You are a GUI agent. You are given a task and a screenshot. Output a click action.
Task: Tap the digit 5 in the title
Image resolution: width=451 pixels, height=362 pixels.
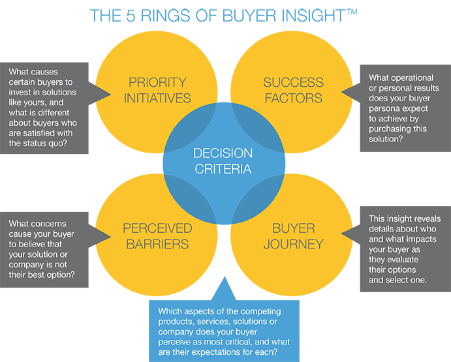point(131,16)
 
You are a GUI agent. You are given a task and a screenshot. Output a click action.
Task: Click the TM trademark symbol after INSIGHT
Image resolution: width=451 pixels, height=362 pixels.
point(352,12)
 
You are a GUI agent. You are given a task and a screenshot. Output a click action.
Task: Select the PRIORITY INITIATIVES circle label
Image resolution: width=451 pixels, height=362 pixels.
point(157,90)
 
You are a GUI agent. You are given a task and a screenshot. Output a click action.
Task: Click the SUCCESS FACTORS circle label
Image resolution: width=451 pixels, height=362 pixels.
point(294,90)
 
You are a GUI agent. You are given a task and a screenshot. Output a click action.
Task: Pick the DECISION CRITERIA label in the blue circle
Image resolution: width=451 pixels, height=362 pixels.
point(223,161)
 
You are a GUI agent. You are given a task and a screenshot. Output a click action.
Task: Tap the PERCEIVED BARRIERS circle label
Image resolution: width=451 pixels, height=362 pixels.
point(157,236)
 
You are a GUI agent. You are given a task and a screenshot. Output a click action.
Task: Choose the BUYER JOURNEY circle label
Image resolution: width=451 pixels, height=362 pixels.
point(294,236)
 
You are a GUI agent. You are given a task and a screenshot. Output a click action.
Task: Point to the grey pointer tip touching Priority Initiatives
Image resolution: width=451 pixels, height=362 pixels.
point(111,94)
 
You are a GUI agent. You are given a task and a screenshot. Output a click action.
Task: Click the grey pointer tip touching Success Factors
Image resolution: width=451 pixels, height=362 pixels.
point(341,92)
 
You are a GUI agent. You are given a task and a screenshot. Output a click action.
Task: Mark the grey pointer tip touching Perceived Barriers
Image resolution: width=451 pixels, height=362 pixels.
point(111,237)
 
